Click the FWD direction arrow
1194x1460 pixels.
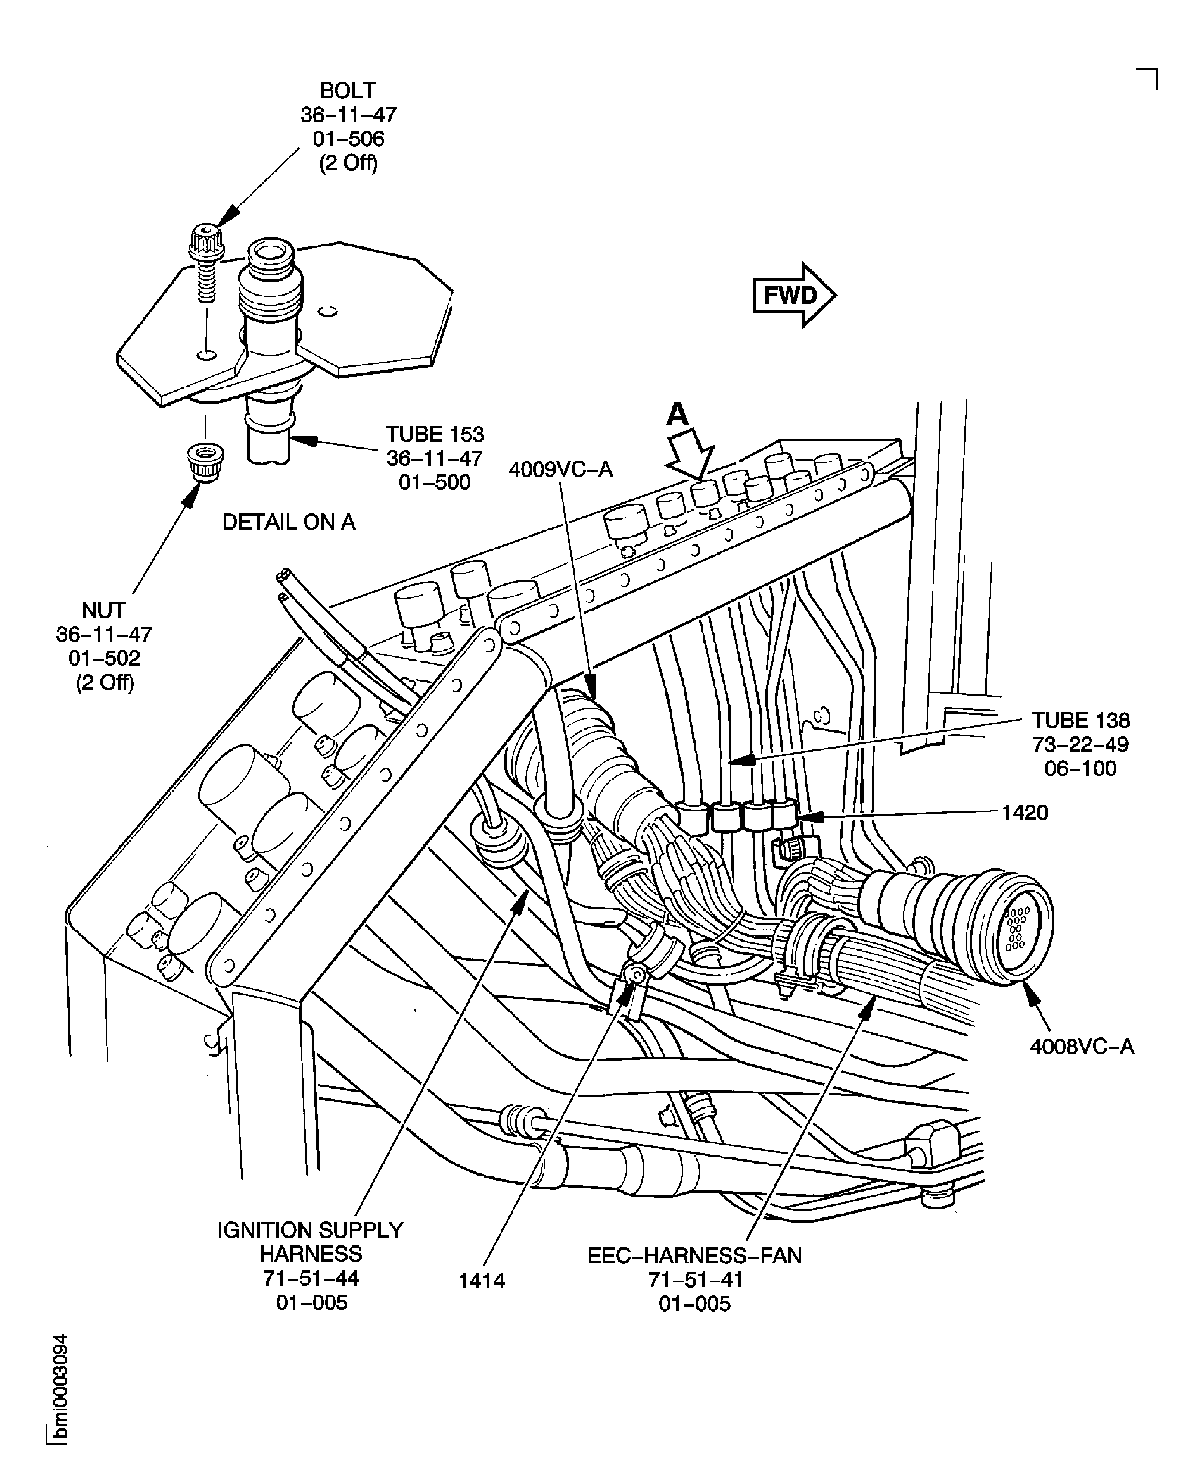pos(794,295)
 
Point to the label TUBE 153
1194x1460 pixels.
pos(434,434)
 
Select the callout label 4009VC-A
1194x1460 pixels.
pos(560,469)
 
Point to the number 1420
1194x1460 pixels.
pos(1024,813)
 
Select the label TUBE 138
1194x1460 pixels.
pos(1080,721)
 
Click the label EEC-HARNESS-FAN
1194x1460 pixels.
pos(694,1256)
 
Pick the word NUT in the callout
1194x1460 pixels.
pos(104,610)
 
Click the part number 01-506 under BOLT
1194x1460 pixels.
pos(348,139)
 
